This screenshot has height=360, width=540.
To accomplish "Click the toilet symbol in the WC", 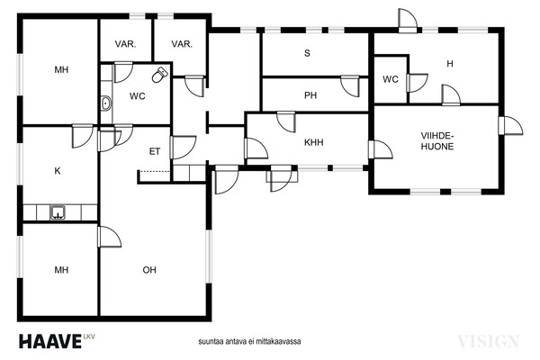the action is (159, 75).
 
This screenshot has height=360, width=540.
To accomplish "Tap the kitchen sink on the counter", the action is (58, 212).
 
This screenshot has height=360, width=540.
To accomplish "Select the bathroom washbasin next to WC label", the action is (106, 103).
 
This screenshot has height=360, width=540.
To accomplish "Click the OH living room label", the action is (149, 270).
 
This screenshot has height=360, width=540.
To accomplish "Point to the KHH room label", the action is (314, 142).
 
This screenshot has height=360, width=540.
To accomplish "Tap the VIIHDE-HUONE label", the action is (437, 141).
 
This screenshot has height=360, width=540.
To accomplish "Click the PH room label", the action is (310, 95).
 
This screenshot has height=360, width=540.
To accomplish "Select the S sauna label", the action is (307, 53).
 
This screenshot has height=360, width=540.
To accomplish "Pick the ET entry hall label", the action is (155, 151).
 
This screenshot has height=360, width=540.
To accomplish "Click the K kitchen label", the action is (58, 171).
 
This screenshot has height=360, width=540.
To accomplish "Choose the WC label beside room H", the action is (391, 79).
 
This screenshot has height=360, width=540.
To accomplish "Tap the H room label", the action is (450, 64).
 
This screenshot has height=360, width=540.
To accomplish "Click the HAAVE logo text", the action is (50, 341).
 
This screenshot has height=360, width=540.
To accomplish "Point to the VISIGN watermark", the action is (488, 341).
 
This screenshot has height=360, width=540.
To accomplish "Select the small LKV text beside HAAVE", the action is (89, 336).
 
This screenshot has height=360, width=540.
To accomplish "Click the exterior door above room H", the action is (408, 21).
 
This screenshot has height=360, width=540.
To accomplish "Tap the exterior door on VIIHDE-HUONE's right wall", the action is (510, 126).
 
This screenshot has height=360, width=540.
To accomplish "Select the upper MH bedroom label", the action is (61, 70).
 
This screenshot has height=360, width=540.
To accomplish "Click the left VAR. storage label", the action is (125, 44).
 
